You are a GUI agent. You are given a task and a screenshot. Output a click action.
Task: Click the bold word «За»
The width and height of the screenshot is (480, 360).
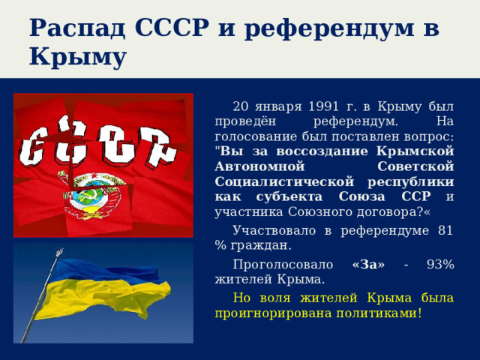pyautogui.click(x=367, y=264)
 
